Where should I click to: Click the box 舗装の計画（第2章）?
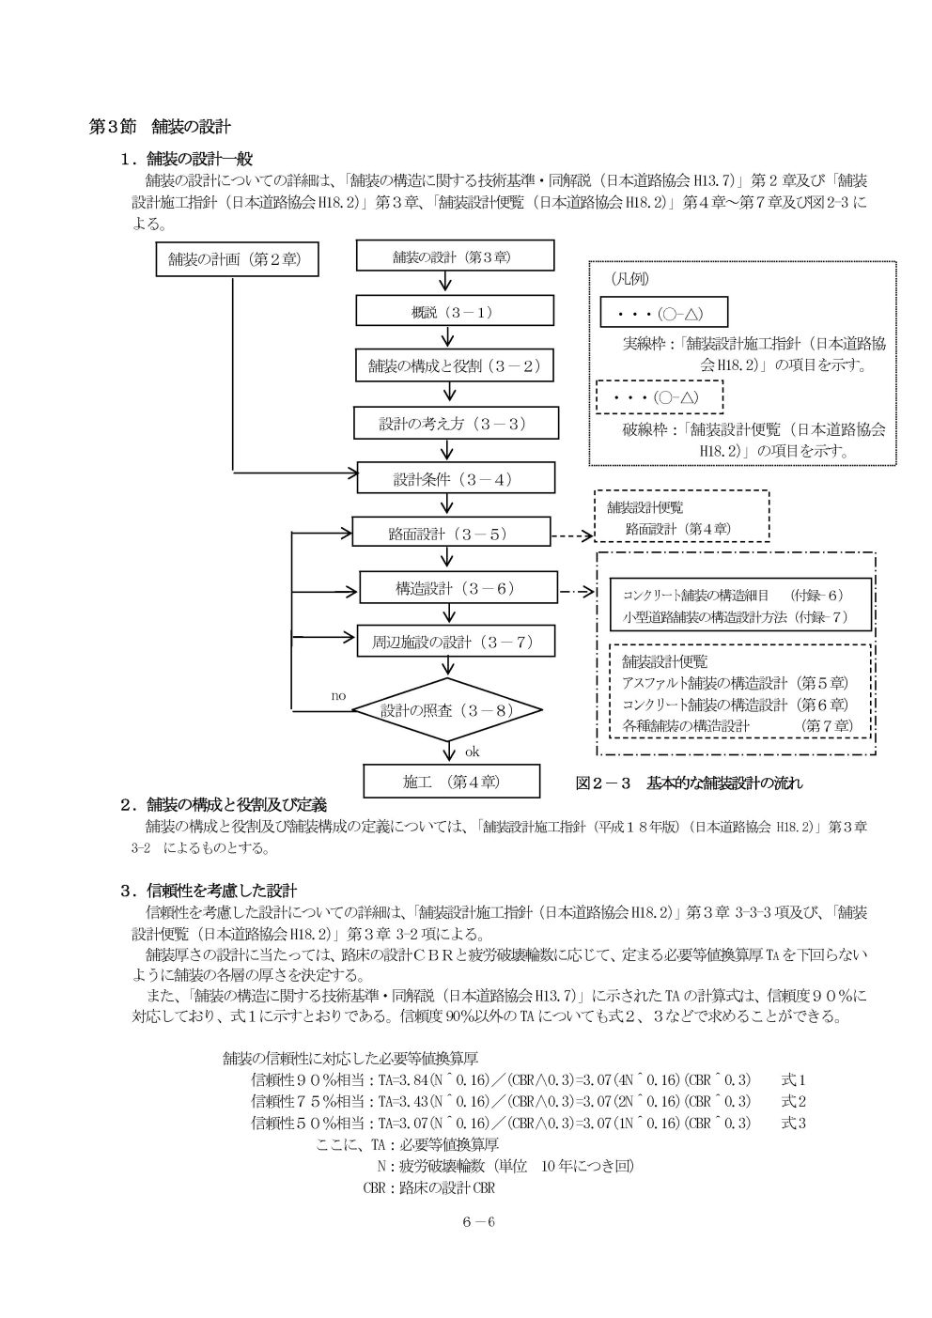tap(237, 259)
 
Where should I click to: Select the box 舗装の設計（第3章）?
tap(455, 256)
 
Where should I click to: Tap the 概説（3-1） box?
tap(455, 310)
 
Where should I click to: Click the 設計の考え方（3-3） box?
tap(456, 423)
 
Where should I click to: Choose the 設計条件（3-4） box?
tap(456, 478)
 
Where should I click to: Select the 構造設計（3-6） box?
tap(458, 587)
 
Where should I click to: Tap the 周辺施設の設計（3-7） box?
tap(456, 641)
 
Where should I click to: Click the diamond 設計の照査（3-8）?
tap(447, 709)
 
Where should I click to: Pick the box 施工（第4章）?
tap(451, 781)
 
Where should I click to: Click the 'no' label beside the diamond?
tap(338, 696)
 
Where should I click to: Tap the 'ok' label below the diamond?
tap(472, 752)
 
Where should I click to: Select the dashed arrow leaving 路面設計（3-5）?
tap(572, 535)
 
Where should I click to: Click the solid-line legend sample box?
tap(663, 312)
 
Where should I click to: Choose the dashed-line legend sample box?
tap(660, 396)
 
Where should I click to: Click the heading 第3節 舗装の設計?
tap(160, 127)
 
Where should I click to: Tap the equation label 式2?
tap(793, 1102)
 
